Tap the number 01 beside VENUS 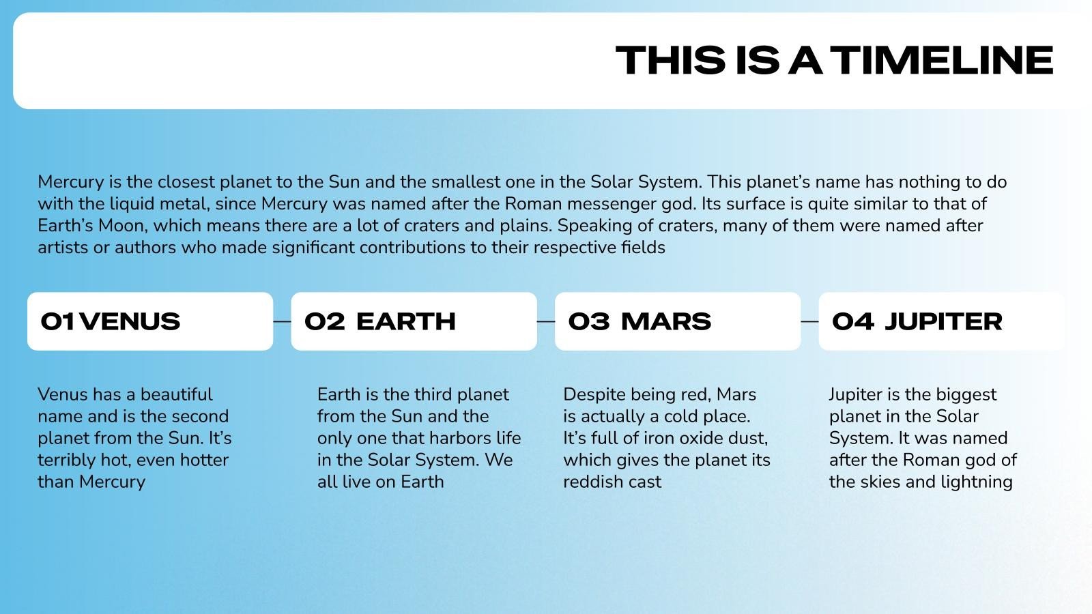click(x=58, y=321)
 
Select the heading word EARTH click(x=406, y=321)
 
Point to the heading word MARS click(x=666, y=321)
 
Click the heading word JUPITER click(x=944, y=321)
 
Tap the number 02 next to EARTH click(x=325, y=321)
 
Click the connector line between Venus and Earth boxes click(x=283, y=321)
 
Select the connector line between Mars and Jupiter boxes click(x=809, y=321)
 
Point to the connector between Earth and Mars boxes click(x=546, y=321)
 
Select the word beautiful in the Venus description click(x=177, y=394)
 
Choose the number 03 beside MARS click(x=589, y=321)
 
